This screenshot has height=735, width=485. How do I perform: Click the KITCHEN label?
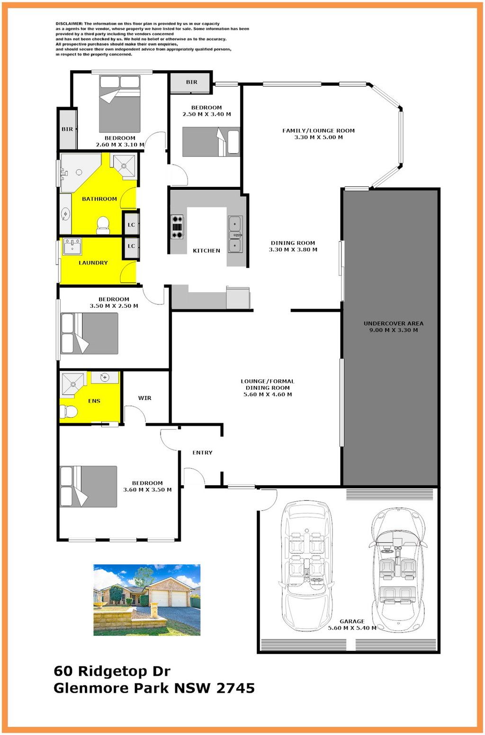click(x=206, y=251)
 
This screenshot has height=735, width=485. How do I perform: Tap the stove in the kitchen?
click(x=177, y=227)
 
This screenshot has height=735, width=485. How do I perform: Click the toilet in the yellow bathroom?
click(x=103, y=225)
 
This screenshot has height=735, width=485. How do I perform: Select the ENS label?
click(x=94, y=401)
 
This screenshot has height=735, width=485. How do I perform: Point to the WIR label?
click(x=144, y=398)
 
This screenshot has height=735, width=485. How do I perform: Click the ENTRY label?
click(x=202, y=452)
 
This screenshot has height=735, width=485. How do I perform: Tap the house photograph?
click(x=147, y=600)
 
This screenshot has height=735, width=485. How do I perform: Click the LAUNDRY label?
click(x=93, y=263)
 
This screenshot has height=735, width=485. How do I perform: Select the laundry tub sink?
click(x=72, y=246)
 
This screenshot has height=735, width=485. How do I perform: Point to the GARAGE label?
click(x=352, y=621)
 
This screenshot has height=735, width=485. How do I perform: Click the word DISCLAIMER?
click(x=69, y=24)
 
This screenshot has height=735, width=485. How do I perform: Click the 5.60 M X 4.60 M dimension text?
click(x=268, y=395)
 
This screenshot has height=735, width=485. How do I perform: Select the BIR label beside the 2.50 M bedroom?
click(x=192, y=82)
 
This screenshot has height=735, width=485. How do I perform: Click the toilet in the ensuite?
click(x=69, y=411)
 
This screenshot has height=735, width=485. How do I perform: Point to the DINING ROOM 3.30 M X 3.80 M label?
click(x=293, y=246)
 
